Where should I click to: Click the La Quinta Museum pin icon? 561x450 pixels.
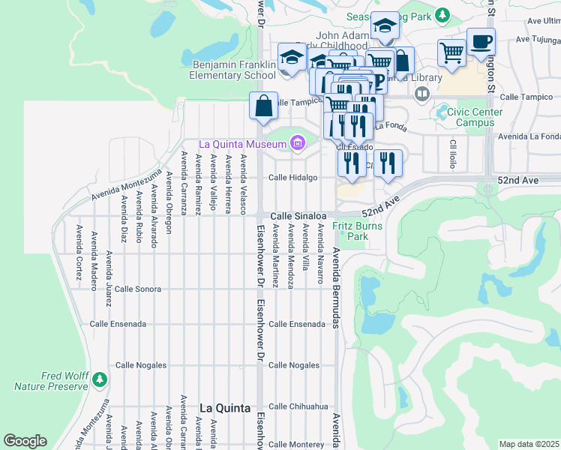[x=298, y=142]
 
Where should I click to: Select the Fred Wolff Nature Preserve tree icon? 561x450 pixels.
[x=99, y=381]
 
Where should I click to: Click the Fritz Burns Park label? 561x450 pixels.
[x=358, y=231]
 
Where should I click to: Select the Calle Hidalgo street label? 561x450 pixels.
[x=293, y=178]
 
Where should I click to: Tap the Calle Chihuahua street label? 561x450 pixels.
[x=298, y=406]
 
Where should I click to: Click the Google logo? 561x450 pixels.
[x=25, y=441]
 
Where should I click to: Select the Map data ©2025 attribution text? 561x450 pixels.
[x=529, y=444]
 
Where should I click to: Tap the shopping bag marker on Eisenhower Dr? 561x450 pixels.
[x=264, y=106]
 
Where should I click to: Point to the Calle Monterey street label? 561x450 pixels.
[x=296, y=445]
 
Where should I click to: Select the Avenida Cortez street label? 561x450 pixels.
[x=78, y=251]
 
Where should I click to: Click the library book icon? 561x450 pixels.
[x=422, y=94]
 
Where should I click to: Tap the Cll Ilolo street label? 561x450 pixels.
[x=453, y=153]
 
